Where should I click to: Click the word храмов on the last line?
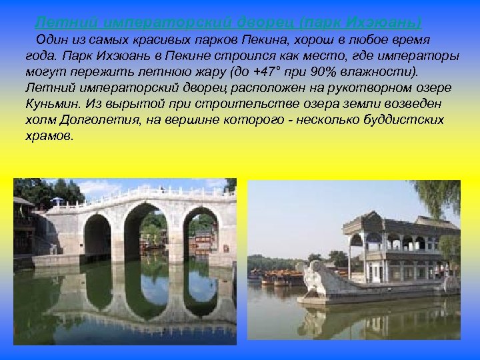[48, 135]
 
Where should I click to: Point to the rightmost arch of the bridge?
[199, 233]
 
